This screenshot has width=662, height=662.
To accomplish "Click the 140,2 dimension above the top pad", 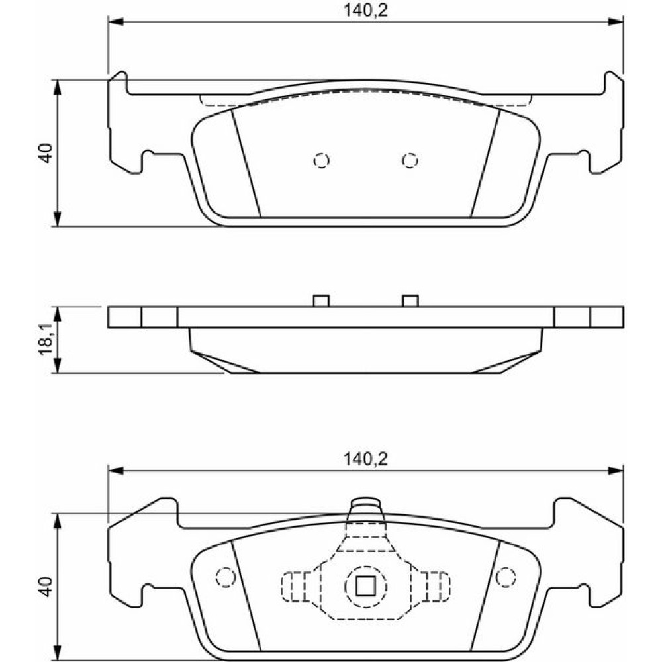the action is click(x=365, y=10).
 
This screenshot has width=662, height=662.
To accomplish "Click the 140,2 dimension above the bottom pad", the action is click(x=365, y=459).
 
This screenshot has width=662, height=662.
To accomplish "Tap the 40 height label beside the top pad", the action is click(x=46, y=153).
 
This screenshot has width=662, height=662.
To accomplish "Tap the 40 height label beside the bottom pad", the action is click(x=46, y=587).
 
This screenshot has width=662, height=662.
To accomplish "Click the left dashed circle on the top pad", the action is click(x=322, y=160).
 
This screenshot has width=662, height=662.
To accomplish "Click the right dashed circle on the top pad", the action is click(x=410, y=160).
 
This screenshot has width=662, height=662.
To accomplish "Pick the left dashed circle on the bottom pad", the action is click(x=226, y=577).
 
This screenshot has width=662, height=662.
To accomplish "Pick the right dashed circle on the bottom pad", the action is click(x=506, y=577).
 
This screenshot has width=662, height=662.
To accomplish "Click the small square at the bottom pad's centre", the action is click(x=365, y=587).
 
